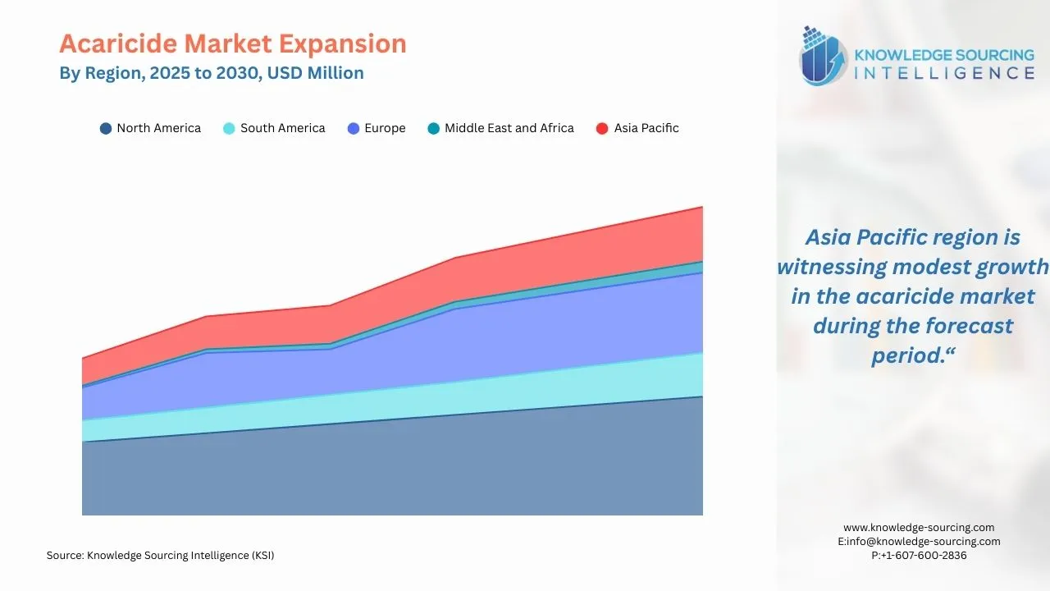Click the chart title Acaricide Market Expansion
(x=232, y=44)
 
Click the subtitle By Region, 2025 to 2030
(x=211, y=73)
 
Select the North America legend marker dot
(x=106, y=128)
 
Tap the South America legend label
(x=282, y=128)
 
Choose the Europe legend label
(x=385, y=128)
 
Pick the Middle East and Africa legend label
(x=509, y=128)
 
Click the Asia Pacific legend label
(x=646, y=128)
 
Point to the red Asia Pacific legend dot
(x=602, y=128)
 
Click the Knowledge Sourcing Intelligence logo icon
(x=824, y=56)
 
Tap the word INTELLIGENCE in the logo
(x=944, y=74)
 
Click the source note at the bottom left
(x=160, y=556)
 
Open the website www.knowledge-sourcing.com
(x=919, y=528)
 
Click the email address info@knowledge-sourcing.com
(x=924, y=542)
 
